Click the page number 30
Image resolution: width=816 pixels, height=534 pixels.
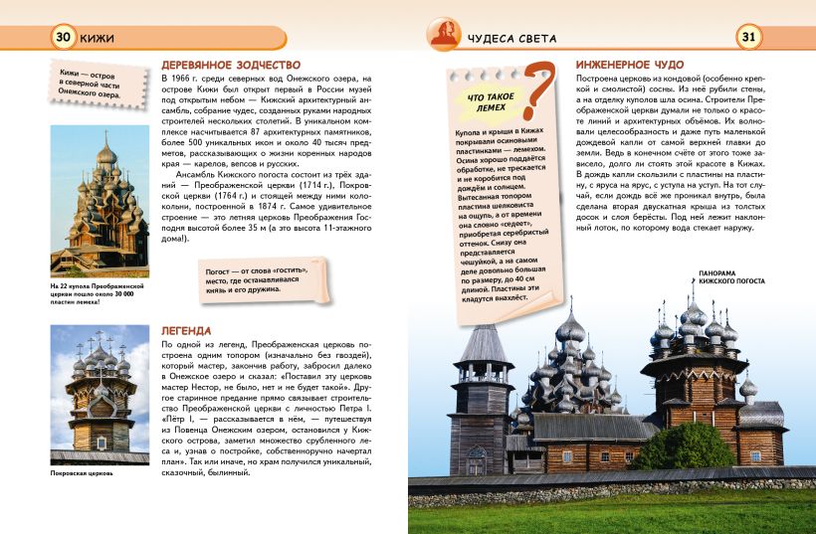pyautogui.click(x=63, y=38)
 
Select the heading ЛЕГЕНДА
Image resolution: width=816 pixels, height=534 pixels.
pyautogui.click(x=185, y=330)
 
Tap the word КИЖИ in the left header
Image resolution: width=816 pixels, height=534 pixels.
pyautogui.click(x=101, y=39)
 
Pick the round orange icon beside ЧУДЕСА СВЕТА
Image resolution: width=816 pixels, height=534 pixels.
pyautogui.click(x=443, y=36)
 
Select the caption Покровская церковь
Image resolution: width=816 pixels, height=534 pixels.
pyautogui.click(x=82, y=472)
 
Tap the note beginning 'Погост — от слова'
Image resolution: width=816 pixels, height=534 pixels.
pyautogui.click(x=256, y=275)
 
